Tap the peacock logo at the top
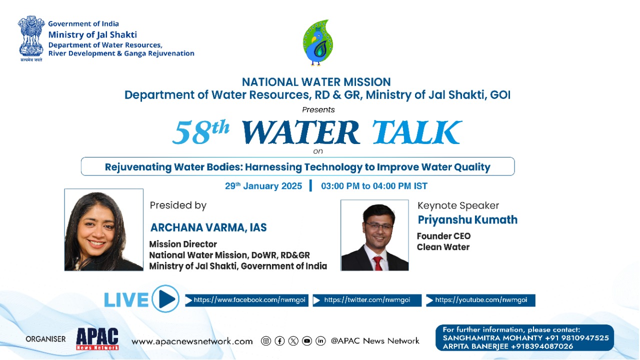point(317,42)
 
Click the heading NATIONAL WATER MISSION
point(316,82)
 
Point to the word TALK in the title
point(416,132)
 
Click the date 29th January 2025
point(263,186)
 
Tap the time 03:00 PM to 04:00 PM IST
point(374,186)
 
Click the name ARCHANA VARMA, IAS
point(208,227)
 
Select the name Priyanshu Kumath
point(467,220)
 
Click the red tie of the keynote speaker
point(378,262)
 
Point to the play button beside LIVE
point(165,299)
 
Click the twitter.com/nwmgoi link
point(367,300)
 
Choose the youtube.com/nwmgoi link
point(480,300)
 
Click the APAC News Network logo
point(97,339)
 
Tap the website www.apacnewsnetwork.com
point(192,341)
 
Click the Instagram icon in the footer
point(266,341)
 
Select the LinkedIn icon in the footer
point(320,341)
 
